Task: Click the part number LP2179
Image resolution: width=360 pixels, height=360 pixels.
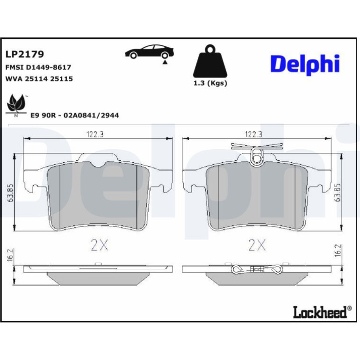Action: point(25,54)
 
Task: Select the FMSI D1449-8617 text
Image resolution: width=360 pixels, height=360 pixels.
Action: point(38,67)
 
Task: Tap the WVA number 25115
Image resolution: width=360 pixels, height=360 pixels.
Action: point(61,79)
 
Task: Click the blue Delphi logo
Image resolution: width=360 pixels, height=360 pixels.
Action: point(305,65)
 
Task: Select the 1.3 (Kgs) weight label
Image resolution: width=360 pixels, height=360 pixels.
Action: point(210,83)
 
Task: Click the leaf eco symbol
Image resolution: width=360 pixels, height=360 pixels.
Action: point(15,106)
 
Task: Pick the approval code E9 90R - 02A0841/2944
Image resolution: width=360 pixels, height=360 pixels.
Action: point(75,115)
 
